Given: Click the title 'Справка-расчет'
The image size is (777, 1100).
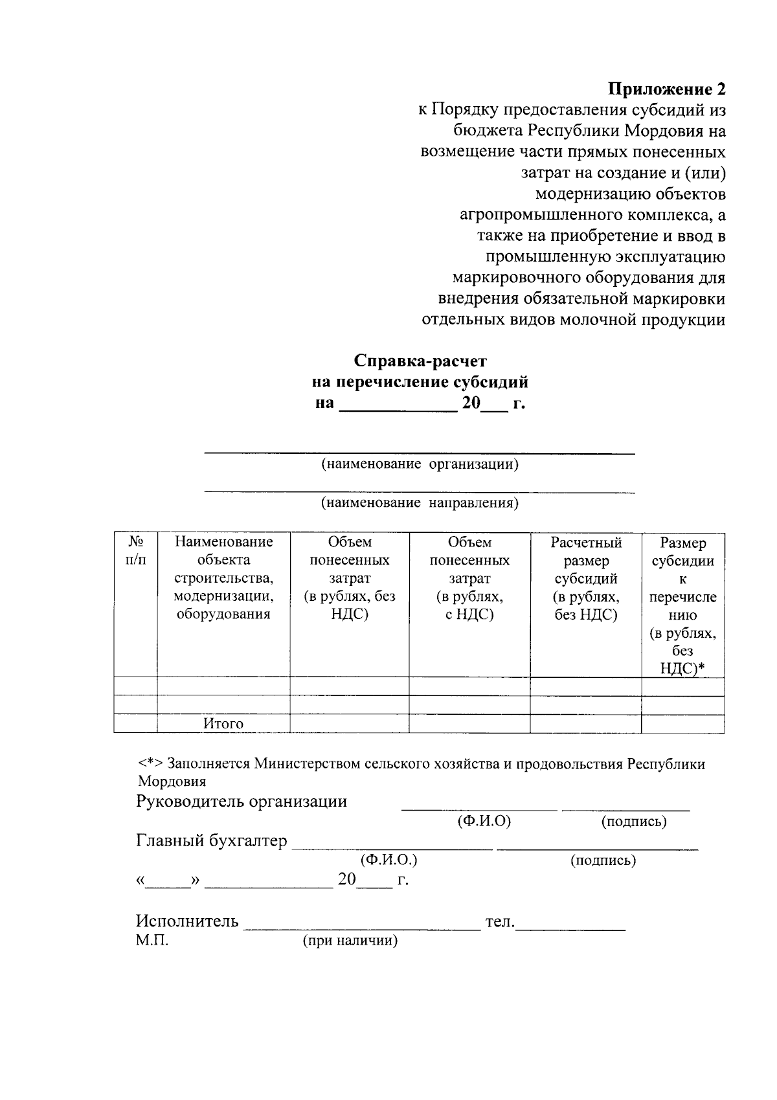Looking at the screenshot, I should tap(420, 361).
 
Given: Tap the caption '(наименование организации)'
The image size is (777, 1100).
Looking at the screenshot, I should tap(420, 464).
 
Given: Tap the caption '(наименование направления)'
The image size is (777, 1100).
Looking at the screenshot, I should tap(420, 503).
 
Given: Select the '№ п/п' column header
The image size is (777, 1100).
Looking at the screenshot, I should tap(135, 550).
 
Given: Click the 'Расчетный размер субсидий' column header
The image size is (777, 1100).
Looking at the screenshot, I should tap(586, 578).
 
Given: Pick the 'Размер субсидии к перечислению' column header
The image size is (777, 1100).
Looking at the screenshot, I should tap(682, 605).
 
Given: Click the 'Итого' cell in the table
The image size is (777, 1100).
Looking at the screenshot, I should tap(223, 724).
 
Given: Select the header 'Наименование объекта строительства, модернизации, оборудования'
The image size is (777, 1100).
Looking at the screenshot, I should tap(223, 578).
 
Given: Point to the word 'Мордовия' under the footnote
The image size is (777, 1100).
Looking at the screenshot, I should tap(172, 781).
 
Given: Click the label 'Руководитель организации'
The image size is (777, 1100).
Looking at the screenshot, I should tap(242, 802).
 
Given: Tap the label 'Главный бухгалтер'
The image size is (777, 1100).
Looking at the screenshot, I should tap(211, 841).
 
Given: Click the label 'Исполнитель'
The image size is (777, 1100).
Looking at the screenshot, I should tap(187, 921).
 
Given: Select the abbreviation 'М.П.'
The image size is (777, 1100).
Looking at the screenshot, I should tap(152, 941).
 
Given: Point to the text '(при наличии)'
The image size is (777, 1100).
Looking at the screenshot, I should tap(350, 941).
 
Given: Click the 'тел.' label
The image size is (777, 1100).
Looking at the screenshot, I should tap(499, 921).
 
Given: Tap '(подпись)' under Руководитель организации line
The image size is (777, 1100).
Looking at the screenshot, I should tap(634, 822).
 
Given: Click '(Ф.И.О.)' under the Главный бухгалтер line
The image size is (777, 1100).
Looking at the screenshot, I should tap(388, 860).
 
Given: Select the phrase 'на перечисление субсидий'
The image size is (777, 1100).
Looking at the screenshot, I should tap(420, 382).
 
